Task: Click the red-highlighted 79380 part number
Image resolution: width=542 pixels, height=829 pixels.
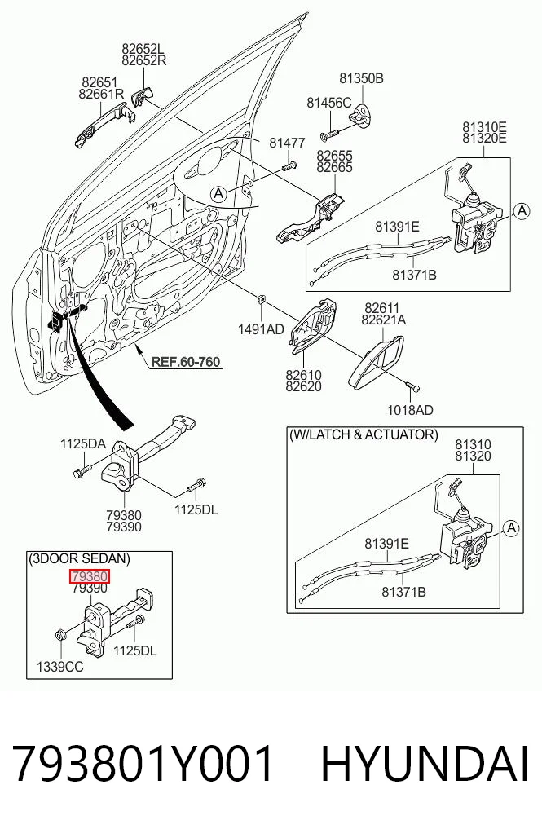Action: coord(90,575)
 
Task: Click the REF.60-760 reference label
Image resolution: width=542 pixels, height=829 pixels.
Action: coord(185,362)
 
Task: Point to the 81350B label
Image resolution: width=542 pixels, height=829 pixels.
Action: coord(361,78)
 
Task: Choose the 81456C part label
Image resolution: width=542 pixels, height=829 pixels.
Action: coord(329,103)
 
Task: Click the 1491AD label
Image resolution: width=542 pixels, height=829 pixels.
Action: coord(261,329)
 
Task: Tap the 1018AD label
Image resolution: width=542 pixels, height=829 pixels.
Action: coord(410,410)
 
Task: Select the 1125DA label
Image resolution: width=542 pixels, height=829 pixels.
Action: coord(82,443)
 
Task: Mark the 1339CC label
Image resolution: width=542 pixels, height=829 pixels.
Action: coord(59,667)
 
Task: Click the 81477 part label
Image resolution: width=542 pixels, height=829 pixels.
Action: coord(287,143)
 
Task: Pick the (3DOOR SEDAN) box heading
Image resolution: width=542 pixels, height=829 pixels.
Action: coord(79,558)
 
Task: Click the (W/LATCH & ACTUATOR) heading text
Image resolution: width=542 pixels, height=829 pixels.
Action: coord(364,434)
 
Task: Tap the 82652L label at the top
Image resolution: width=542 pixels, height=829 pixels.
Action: coord(143,49)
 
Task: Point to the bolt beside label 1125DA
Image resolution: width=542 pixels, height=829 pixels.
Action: coord(82,470)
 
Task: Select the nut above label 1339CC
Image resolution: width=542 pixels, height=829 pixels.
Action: coord(59,633)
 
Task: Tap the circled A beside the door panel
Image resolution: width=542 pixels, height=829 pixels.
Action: coord(218,194)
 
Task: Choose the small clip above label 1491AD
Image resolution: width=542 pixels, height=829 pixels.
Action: coord(261,300)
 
